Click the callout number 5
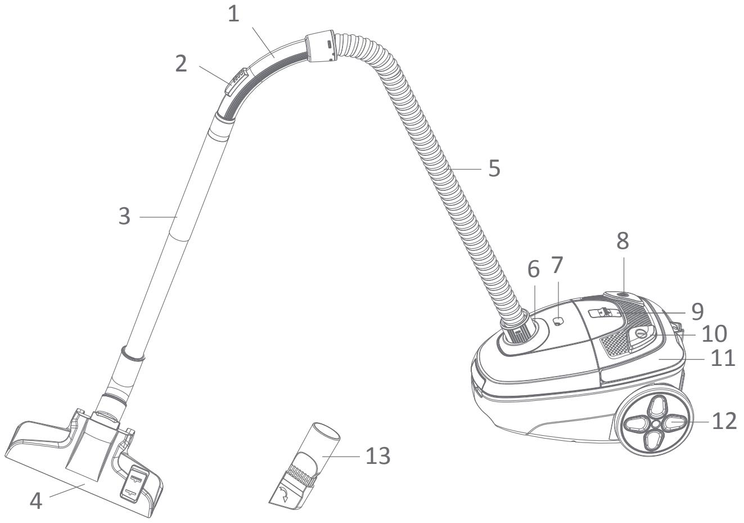(x=494, y=168)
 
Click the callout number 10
(x=713, y=334)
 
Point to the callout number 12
(x=723, y=421)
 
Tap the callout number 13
(x=377, y=456)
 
